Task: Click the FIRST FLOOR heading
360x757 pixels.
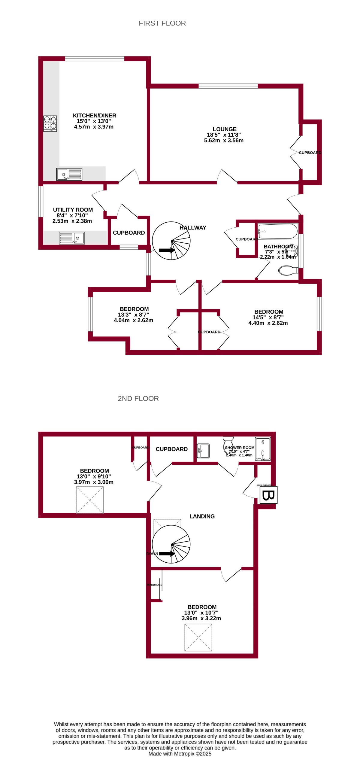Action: [162, 23]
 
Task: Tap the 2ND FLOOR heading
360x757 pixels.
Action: [138, 398]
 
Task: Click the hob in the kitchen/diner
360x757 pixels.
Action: [50, 123]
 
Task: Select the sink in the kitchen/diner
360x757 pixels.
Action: [69, 174]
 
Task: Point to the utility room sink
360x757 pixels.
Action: [72, 238]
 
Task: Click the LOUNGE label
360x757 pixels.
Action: [224, 129]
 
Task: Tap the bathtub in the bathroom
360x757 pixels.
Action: [278, 231]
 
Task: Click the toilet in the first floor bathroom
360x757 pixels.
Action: [288, 270]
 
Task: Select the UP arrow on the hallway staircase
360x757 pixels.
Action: [167, 250]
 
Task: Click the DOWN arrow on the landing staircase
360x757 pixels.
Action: [167, 554]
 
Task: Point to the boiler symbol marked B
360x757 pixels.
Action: [268, 495]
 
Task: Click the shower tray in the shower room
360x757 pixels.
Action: [263, 449]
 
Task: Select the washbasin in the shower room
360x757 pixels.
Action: [203, 451]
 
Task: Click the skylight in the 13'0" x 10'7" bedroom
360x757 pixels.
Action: [198, 637]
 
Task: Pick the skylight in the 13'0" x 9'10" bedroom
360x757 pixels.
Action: [90, 500]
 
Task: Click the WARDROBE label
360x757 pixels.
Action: [155, 585]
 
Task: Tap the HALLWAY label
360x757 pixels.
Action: [193, 228]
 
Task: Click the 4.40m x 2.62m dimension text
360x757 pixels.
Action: [268, 323]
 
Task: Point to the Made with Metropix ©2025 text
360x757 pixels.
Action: [180, 753]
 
